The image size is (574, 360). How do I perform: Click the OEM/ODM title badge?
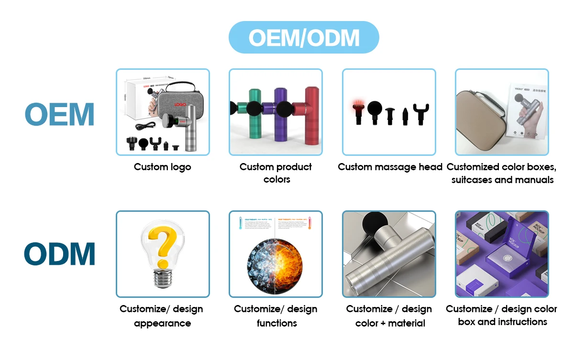304,37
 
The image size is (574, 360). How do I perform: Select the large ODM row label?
60,254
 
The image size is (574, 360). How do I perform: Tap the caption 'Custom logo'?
163,167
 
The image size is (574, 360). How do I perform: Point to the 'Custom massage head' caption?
390,167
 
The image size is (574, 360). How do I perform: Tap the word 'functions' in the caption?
276,323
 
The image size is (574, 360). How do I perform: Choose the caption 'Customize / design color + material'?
389,316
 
